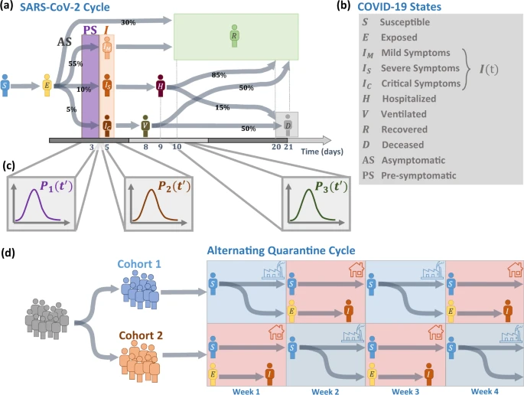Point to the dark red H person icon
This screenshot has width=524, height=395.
point(161,84)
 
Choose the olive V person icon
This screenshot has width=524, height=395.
point(145,122)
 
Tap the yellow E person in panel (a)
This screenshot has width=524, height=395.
point(47,83)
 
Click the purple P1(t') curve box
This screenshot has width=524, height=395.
point(42,201)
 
